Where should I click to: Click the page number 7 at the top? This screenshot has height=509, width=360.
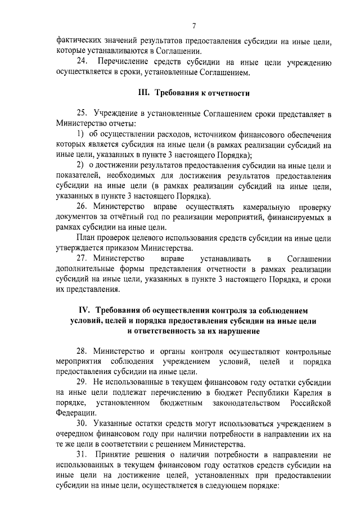pos(193,25)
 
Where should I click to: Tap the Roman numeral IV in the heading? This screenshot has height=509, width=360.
pos(84,310)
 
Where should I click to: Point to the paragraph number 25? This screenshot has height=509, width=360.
pos(83,114)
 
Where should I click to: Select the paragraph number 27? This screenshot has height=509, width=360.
pos(83,258)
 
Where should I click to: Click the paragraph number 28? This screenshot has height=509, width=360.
pos(83,351)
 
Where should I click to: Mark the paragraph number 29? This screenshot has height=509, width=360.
pos(83,382)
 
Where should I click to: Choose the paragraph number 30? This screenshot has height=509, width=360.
pos(83,423)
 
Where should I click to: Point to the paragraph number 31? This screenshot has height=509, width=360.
pos(83,454)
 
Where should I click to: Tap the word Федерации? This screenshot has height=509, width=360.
pos(76,413)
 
